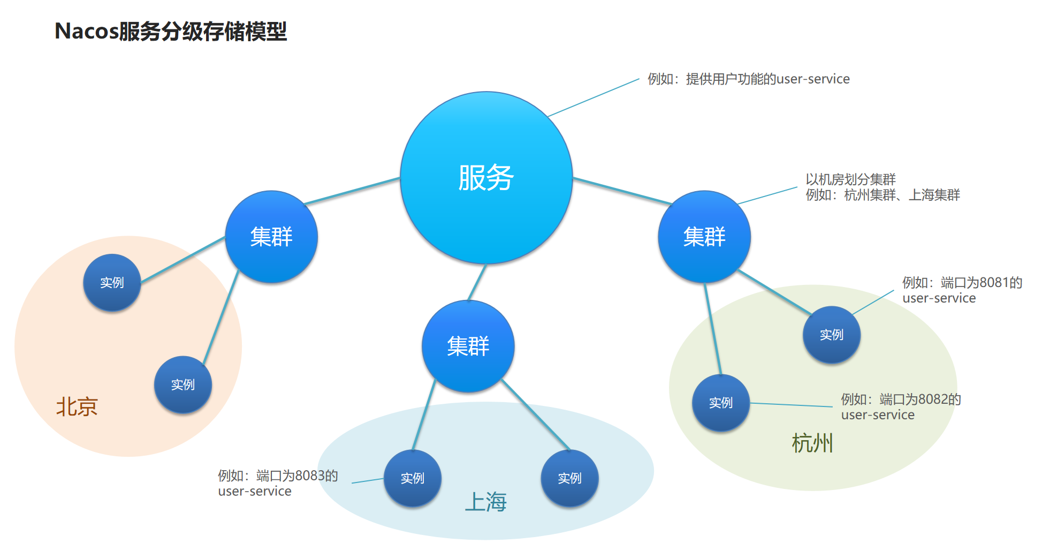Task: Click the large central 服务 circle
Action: coord(486,177)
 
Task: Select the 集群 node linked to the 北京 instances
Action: coord(271,237)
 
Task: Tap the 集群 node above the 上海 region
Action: coord(468,346)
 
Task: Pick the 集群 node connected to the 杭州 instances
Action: coord(704,237)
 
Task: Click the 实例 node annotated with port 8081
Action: coord(832,335)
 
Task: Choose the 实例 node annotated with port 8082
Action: coord(721,403)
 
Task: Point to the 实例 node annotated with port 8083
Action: coord(413,478)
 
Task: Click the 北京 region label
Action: coord(77,407)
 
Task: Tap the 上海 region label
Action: coord(486,502)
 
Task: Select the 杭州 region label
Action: coord(812,443)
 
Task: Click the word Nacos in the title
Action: coord(87,31)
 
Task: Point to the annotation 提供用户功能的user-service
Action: coord(768,79)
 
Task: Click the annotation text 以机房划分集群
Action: coord(851,179)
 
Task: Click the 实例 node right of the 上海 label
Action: coord(570,478)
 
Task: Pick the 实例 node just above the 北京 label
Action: coord(183,384)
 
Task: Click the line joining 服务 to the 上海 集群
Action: coord(477,282)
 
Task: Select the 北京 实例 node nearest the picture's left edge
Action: coord(112,282)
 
